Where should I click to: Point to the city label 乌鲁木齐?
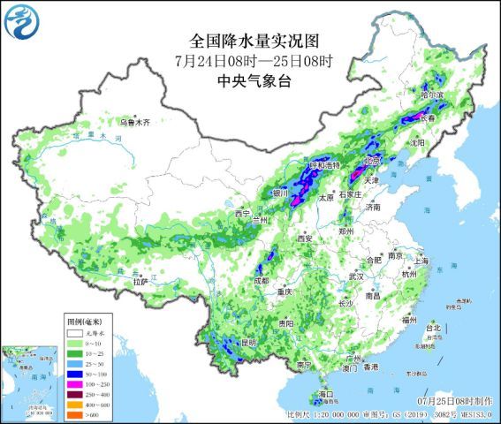pos(135,121)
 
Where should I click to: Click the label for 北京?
pos(372,162)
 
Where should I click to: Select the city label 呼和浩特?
pos(323,165)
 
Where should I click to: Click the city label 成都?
pos(259,281)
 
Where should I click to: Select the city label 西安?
pos(306,238)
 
